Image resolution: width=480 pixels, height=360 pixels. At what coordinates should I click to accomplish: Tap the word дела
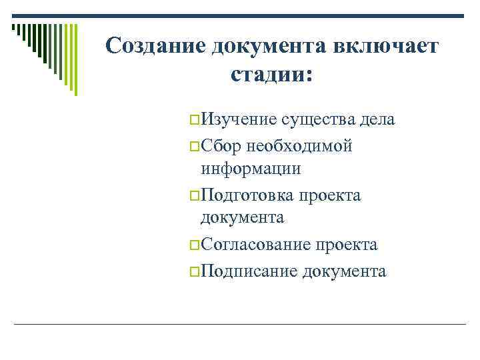click(x=377, y=119)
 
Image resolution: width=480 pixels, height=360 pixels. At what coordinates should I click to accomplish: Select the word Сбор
click(x=222, y=145)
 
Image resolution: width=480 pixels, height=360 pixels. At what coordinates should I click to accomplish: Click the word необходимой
click(x=299, y=145)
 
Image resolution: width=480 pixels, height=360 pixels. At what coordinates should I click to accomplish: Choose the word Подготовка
click(x=248, y=195)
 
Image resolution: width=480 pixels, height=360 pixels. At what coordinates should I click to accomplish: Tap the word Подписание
click(x=249, y=271)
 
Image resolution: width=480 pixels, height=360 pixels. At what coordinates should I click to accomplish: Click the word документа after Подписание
click(x=344, y=271)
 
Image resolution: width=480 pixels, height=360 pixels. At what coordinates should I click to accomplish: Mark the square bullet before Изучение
click(x=194, y=121)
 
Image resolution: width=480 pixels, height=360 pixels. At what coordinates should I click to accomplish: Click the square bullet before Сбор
click(x=194, y=146)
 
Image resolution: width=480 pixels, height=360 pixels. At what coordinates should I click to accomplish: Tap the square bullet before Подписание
click(x=194, y=272)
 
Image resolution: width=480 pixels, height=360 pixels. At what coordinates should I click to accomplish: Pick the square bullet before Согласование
click(x=194, y=246)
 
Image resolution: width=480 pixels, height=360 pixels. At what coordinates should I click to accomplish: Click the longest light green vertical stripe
click(x=75, y=59)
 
